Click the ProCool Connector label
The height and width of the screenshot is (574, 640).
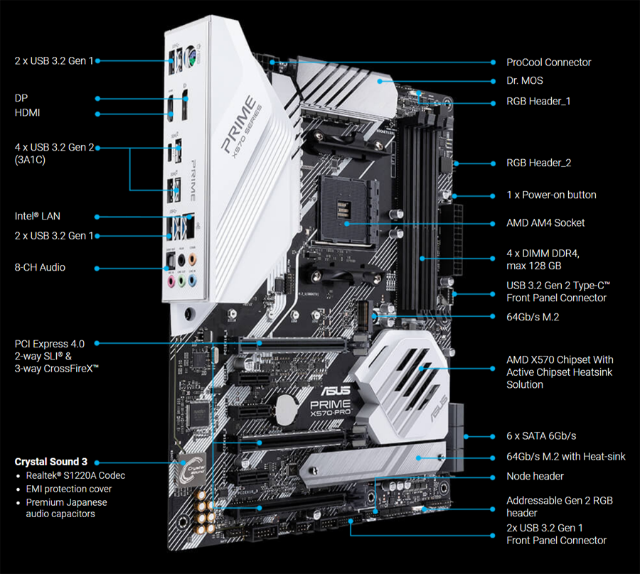pos(548,63)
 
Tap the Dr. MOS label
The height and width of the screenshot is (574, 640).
pos(525,81)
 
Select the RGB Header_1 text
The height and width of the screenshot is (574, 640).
pos(538,101)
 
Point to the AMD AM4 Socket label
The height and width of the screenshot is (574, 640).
pos(545,223)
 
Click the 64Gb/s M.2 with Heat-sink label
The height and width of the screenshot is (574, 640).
pos(566,457)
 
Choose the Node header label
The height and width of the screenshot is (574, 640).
pos(535,476)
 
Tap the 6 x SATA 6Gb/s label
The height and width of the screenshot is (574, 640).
pos(541,435)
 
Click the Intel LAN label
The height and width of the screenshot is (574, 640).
pos(38,216)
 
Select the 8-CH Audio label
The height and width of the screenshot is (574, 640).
pos(40,267)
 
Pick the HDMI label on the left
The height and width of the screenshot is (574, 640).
pos(27,112)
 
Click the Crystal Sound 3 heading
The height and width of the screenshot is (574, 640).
pos(51,462)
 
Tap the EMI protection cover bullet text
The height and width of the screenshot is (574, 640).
pos(68,489)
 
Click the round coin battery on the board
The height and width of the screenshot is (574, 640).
pos(285,410)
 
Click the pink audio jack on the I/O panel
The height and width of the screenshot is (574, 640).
pos(171,281)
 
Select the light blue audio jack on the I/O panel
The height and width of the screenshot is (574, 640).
pos(192,281)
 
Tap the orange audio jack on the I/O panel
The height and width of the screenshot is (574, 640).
pos(192,259)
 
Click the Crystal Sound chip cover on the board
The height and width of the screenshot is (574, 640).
pos(191,470)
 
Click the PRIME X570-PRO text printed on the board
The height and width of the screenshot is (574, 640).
pos(331,408)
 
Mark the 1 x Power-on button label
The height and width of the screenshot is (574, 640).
pos(551,195)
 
